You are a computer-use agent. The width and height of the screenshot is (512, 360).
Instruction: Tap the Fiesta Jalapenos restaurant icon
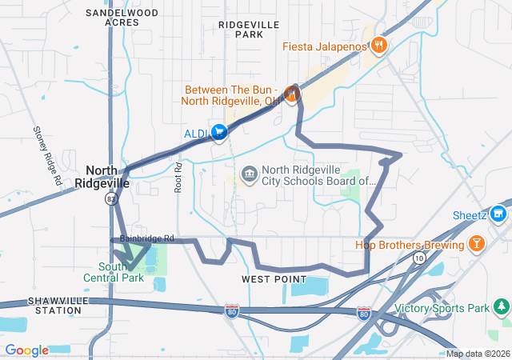[378, 46]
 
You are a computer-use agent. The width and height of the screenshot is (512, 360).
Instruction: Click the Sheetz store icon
[498, 214]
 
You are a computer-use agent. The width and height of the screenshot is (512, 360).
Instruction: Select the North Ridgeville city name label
[107, 176]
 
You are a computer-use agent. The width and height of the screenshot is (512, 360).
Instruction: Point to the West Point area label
[274, 279]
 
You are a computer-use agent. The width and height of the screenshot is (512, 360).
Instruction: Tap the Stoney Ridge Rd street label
[47, 155]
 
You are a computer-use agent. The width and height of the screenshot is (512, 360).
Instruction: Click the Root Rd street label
[179, 178]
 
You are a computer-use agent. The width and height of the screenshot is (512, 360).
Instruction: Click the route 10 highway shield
[419, 258]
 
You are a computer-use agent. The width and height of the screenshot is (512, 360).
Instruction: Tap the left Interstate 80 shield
[231, 308]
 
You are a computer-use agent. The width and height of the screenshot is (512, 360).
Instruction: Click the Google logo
[26, 350]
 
